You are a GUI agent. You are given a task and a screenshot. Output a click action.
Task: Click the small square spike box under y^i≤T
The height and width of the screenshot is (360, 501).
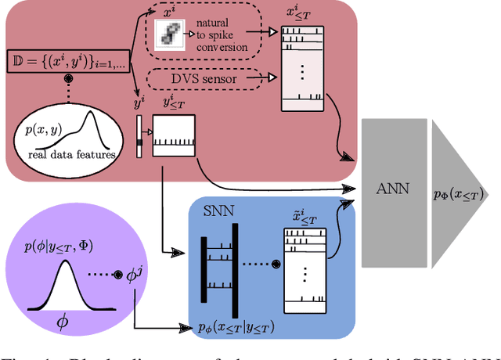(173, 135)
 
